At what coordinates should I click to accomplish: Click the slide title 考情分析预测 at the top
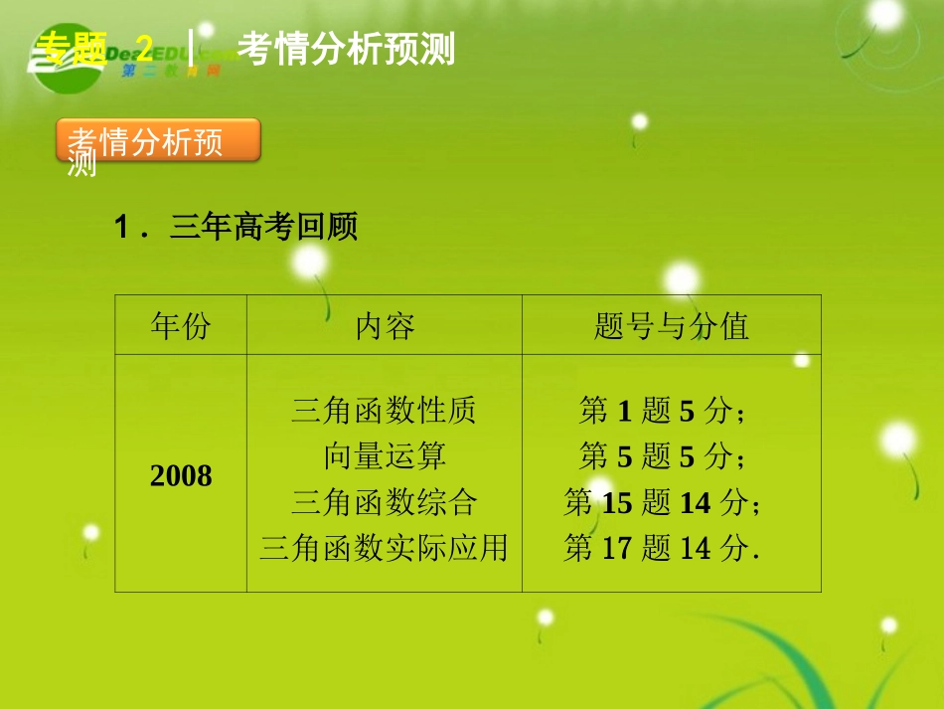point(347,49)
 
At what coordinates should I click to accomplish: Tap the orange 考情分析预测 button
point(159,141)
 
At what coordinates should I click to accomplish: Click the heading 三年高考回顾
point(263,228)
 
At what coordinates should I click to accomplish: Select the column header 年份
point(181,325)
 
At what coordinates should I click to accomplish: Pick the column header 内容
point(385,325)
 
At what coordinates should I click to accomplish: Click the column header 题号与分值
point(671,325)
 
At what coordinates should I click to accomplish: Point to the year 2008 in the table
point(181,476)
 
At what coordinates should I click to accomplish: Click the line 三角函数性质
point(384,410)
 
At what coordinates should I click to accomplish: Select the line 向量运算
point(384,455)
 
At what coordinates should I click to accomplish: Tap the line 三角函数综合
point(384,501)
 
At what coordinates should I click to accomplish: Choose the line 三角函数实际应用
point(384,547)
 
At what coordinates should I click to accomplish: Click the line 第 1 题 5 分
point(662,410)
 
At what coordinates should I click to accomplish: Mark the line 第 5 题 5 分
point(662,455)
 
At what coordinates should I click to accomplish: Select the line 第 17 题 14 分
point(662,547)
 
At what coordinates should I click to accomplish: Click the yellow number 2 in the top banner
point(145,46)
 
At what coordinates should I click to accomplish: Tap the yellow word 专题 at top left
point(71,47)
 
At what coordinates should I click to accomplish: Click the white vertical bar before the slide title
point(191,48)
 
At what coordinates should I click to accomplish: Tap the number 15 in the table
point(617,502)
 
